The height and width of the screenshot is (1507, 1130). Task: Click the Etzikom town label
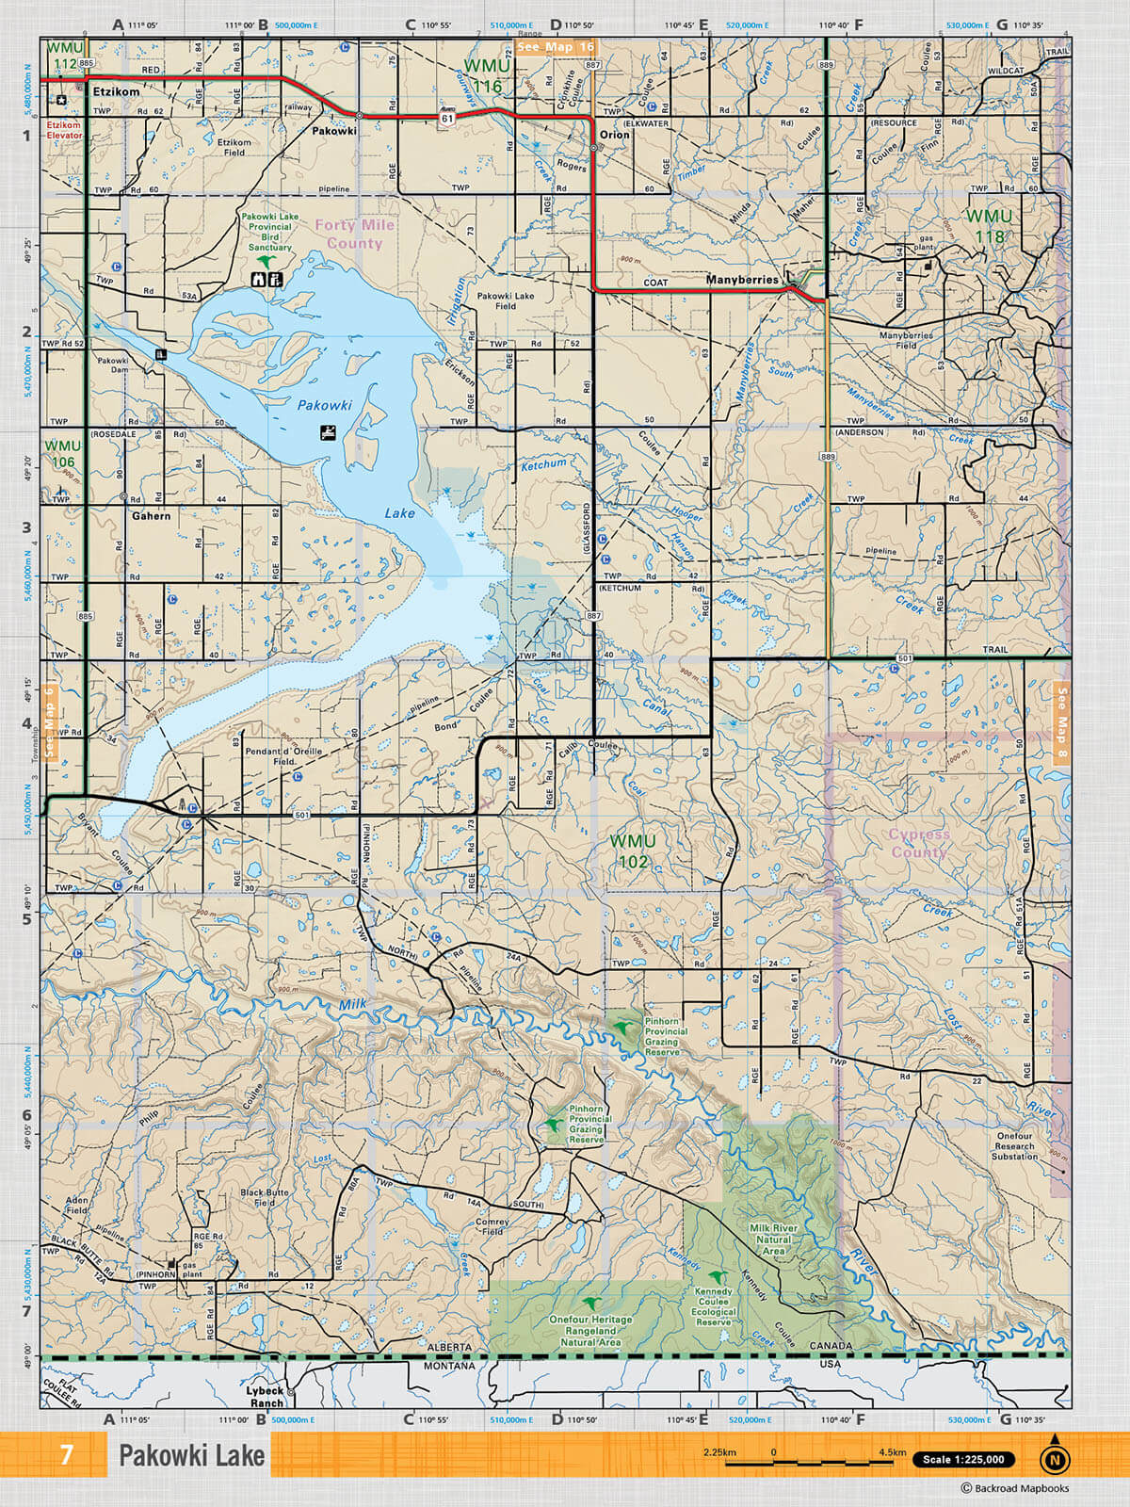pyautogui.click(x=116, y=92)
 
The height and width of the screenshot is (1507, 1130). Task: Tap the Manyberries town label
pyautogui.click(x=742, y=280)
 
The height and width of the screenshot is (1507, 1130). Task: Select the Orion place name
pyautogui.click(x=614, y=135)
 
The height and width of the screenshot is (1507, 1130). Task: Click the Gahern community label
pyautogui.click(x=151, y=516)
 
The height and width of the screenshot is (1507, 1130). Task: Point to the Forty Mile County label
pyautogui.click(x=354, y=234)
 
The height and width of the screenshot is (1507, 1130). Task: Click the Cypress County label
pyautogui.click(x=919, y=843)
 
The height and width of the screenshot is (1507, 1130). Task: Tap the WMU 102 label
pyautogui.click(x=633, y=851)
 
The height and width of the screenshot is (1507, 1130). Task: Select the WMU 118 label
pyautogui.click(x=989, y=226)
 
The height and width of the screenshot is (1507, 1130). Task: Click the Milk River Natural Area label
pyautogui.click(x=773, y=1240)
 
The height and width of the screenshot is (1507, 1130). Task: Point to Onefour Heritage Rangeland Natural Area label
pyautogui.click(x=590, y=1330)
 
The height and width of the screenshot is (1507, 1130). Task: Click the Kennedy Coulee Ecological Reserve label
pyautogui.click(x=713, y=1306)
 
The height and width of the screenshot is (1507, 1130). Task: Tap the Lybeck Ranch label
pyautogui.click(x=265, y=1396)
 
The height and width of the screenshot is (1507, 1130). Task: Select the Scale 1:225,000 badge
pyautogui.click(x=963, y=1459)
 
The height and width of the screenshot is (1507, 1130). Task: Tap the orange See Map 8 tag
pyautogui.click(x=1061, y=723)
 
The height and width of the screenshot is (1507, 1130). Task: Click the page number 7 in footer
pyautogui.click(x=66, y=1455)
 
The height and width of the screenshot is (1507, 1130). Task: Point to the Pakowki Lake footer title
pyautogui.click(x=191, y=1455)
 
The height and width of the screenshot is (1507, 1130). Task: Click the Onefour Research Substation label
pyautogui.click(x=1014, y=1145)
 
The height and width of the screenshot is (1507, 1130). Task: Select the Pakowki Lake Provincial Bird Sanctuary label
pyautogui.click(x=269, y=232)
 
